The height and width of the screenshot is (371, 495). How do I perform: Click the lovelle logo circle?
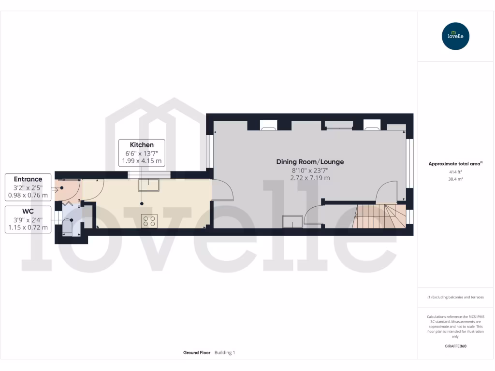click(455, 36)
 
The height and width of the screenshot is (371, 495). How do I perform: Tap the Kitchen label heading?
click(142, 145)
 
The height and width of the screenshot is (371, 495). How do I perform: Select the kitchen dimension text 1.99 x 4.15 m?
click(142, 161)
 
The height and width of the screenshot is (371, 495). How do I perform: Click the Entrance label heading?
click(28, 179)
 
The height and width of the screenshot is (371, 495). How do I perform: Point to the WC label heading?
click(28, 211)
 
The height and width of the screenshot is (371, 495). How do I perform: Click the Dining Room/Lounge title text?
click(310, 162)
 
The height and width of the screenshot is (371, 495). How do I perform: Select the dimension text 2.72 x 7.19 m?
click(310, 178)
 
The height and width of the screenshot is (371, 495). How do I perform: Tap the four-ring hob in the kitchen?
click(149, 221)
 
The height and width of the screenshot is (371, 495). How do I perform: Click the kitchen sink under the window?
click(149, 185)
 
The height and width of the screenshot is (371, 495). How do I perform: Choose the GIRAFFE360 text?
click(455, 346)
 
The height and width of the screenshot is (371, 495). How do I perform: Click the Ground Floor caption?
click(196, 353)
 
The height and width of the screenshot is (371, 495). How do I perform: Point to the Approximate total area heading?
click(454, 164)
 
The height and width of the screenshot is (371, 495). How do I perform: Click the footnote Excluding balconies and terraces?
click(455, 297)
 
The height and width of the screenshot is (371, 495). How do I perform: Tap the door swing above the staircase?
click(387, 191)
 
